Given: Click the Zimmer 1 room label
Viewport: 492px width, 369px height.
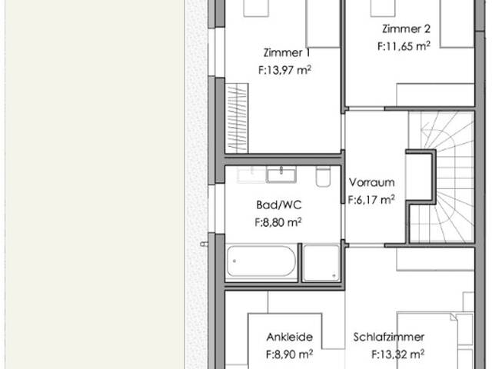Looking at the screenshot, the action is [287, 52].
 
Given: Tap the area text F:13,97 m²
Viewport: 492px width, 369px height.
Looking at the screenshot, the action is [285, 70].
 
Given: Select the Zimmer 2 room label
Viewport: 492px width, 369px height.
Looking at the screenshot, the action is [406, 29].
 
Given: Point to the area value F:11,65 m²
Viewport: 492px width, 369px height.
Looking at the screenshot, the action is [404, 46].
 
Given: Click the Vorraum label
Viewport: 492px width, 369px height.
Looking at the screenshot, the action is [372, 182].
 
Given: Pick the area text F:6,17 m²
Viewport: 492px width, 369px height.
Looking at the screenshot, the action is [371, 200].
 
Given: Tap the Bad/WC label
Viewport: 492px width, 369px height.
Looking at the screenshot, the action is [279, 205].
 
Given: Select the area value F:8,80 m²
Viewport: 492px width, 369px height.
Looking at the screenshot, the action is [278, 222].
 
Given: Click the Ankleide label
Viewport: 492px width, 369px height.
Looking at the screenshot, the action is [290, 337].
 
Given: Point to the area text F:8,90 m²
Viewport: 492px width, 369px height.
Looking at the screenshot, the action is [289, 354].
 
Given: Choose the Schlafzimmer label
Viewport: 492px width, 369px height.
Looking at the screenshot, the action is [389, 337].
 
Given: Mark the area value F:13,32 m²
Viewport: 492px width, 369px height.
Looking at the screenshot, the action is [398, 354].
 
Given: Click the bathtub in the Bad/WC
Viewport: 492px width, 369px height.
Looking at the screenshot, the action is [261, 261].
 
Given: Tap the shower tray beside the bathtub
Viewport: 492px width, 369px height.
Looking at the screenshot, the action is [321, 263].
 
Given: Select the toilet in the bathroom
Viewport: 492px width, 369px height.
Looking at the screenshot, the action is [323, 176].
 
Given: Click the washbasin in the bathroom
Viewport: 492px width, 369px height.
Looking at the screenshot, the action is [281, 175].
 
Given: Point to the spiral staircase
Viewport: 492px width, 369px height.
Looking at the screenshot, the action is [443, 177].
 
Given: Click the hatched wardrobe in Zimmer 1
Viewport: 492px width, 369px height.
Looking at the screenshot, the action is [237, 118].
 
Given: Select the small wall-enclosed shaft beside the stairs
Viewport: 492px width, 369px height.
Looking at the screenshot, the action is [421, 177].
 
